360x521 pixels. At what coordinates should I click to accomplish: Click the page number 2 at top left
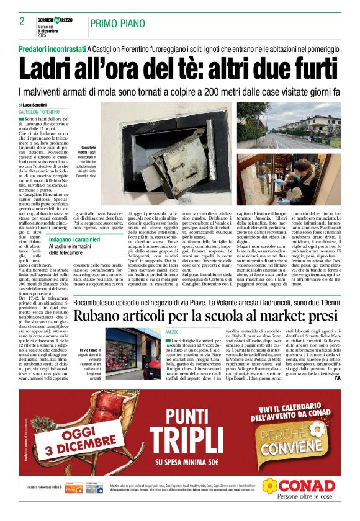point(22,21)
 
